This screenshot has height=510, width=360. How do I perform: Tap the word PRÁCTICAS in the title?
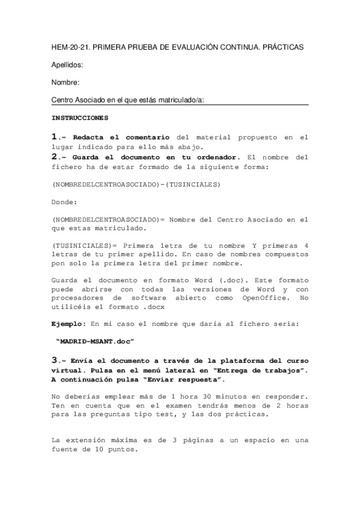point(282,46)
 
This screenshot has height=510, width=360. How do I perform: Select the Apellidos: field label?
point(67,64)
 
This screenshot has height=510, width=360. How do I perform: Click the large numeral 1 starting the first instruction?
point(55,137)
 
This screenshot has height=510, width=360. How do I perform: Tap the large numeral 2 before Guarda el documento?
point(55,156)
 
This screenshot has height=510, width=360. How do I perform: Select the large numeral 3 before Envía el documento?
point(55,360)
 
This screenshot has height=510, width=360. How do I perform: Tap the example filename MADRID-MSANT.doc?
point(94,342)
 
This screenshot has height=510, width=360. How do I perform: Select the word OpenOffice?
point(262,298)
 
